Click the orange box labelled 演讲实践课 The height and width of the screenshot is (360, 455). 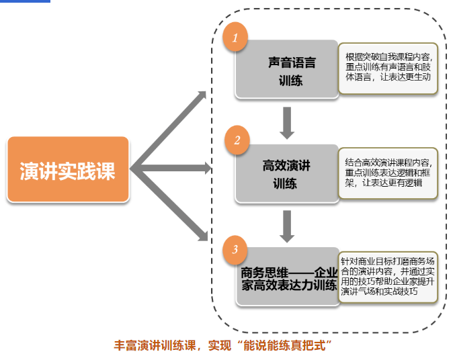tap(67, 169)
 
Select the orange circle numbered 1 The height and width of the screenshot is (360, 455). tap(235, 38)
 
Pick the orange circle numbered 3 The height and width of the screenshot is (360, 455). tap(235, 250)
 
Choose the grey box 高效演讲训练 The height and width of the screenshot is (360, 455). tap(287, 173)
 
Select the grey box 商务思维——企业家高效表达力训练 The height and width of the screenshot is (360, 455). tap(288, 277)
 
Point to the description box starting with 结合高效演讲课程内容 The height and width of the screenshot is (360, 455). tap(388, 173)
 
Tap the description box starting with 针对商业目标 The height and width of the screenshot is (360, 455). tap(388, 276)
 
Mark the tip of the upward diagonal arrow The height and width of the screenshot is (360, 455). tap(205, 93)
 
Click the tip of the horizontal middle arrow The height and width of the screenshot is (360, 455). tap(209, 168)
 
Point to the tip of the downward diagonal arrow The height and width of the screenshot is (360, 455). tap(206, 238)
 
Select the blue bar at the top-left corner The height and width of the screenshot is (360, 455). tap(25, 1)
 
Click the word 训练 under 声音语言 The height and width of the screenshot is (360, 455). tap(291, 80)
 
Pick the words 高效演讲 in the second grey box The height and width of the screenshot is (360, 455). tap(286, 165)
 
